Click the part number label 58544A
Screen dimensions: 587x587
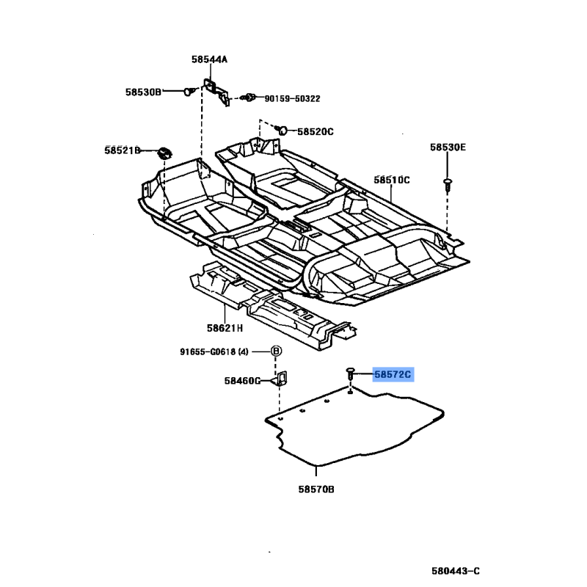click(x=209, y=59)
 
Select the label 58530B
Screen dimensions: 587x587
click(x=142, y=92)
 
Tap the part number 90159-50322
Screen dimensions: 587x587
click(x=292, y=98)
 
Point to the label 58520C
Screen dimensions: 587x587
click(x=316, y=132)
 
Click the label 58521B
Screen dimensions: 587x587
click(x=122, y=150)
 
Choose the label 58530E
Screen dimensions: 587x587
click(x=448, y=147)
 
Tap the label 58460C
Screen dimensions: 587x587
click(x=243, y=381)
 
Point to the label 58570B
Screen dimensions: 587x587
click(x=316, y=488)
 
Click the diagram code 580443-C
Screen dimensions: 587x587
click(x=455, y=571)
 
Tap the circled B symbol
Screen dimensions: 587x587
click(x=277, y=351)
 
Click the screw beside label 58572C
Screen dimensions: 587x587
click(x=351, y=375)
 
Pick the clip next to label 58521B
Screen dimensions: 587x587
click(x=164, y=152)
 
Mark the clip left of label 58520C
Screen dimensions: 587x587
click(x=280, y=131)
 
